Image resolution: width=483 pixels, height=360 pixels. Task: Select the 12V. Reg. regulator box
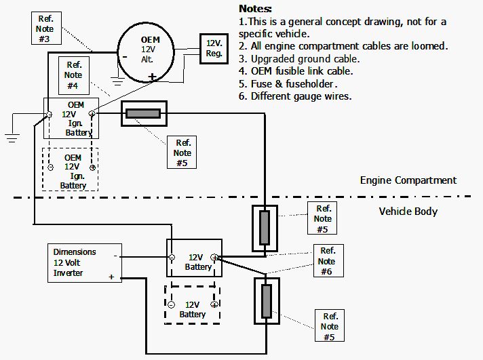[214, 48]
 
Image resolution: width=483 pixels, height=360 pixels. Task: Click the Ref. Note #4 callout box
[73, 73]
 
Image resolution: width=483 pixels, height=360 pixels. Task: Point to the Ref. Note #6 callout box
[326, 261]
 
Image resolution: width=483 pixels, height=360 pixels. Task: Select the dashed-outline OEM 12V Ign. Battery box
[71, 169]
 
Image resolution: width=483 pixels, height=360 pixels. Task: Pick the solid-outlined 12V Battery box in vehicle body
[195, 258]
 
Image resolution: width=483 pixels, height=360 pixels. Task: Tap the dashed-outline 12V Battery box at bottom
[193, 305]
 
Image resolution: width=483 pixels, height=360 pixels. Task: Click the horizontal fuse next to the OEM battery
[142, 114]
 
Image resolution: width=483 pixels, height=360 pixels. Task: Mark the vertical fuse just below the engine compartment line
[264, 227]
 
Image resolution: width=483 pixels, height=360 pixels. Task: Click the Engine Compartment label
[408, 180]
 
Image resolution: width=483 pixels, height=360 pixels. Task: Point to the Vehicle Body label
[408, 211]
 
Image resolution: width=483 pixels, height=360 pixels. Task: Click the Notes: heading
[255, 9]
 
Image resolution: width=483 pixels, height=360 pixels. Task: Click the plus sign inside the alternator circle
[153, 76]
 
